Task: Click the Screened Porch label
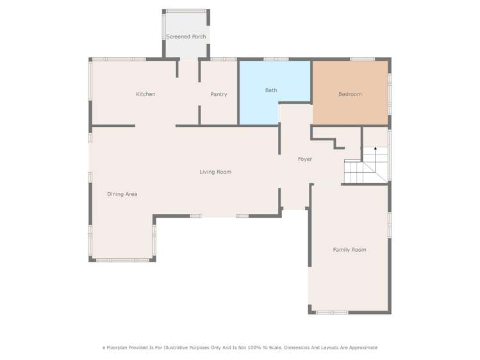[x=186, y=37]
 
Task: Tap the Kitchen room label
[x=145, y=94]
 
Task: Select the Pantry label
[x=219, y=94]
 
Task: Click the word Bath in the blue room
[x=271, y=90]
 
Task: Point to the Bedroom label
[x=350, y=94]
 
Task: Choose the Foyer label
[x=305, y=159]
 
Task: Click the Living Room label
[x=215, y=172]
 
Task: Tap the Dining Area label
[x=122, y=194]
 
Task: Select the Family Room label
[x=349, y=250]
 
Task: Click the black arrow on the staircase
[x=376, y=149]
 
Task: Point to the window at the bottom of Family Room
[x=332, y=312]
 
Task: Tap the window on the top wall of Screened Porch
[x=186, y=11]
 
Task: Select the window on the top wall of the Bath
[x=276, y=59]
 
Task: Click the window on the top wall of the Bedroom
[x=362, y=59]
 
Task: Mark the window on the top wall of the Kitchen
[x=119, y=59]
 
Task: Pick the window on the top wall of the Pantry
[x=224, y=59]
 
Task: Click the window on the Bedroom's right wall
[x=389, y=89]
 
